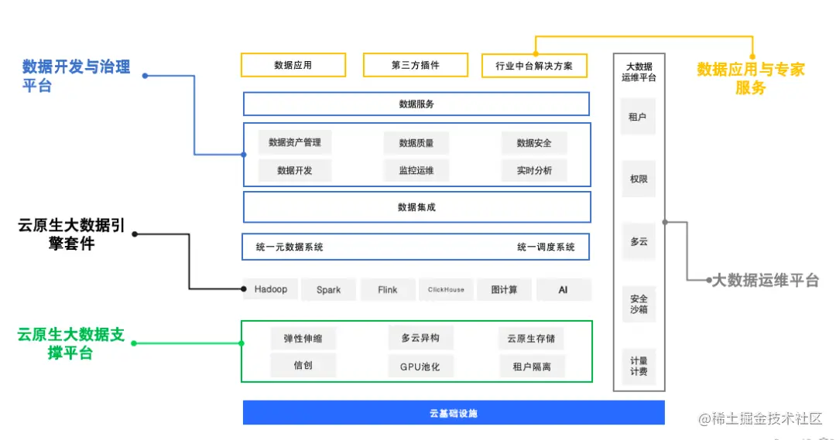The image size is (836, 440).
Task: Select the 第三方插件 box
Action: (415, 65)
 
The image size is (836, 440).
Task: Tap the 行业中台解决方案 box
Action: (534, 66)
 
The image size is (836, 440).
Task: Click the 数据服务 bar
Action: (416, 104)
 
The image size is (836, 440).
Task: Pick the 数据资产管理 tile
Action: (294, 142)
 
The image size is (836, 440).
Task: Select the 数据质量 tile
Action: (416, 143)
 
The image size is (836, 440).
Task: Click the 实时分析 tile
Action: (534, 171)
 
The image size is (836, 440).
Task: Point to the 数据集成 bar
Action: (416, 207)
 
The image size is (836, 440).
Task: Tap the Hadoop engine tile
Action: (270, 289)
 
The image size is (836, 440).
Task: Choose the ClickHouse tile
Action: (446, 290)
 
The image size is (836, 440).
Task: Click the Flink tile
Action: (387, 290)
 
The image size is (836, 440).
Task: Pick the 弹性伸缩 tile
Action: (303, 339)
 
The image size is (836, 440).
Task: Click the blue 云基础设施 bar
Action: (453, 413)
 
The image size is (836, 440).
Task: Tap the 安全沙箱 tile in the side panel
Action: (639, 304)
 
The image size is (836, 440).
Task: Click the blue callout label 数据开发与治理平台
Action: (76, 76)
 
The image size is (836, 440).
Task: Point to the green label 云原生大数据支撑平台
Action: (70, 344)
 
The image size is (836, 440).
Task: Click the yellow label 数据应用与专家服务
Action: (750, 78)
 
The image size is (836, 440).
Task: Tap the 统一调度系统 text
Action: (546, 247)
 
